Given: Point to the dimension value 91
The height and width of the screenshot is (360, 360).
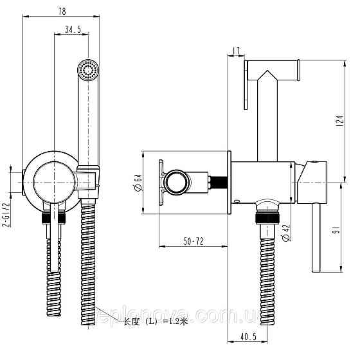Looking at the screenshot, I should [337, 230].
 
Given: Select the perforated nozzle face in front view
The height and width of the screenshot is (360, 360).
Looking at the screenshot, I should [87, 69].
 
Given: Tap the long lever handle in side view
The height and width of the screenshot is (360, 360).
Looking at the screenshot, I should [317, 238].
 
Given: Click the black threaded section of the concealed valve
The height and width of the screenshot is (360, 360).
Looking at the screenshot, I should [219, 182].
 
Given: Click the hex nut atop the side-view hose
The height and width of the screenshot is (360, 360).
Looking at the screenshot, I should [264, 219].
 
